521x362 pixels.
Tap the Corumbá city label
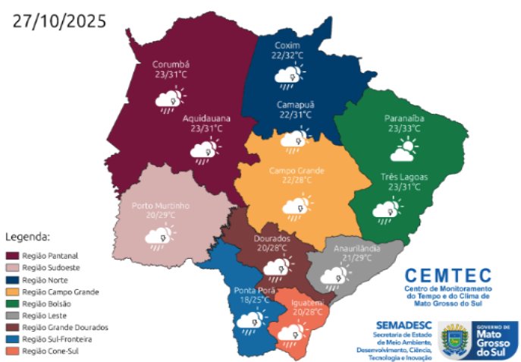[x=171, y=65]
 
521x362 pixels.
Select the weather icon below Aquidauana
[x=202, y=152]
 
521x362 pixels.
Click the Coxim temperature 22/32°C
[x=288, y=55]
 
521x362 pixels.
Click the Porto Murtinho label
[x=160, y=206]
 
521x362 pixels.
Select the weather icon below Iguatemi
[x=289, y=331]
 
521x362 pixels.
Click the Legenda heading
[x=27, y=237]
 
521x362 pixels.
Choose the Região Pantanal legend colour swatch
[x=14, y=255]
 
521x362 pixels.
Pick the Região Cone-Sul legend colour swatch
[x=14, y=351]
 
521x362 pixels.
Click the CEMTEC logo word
[x=447, y=275]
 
